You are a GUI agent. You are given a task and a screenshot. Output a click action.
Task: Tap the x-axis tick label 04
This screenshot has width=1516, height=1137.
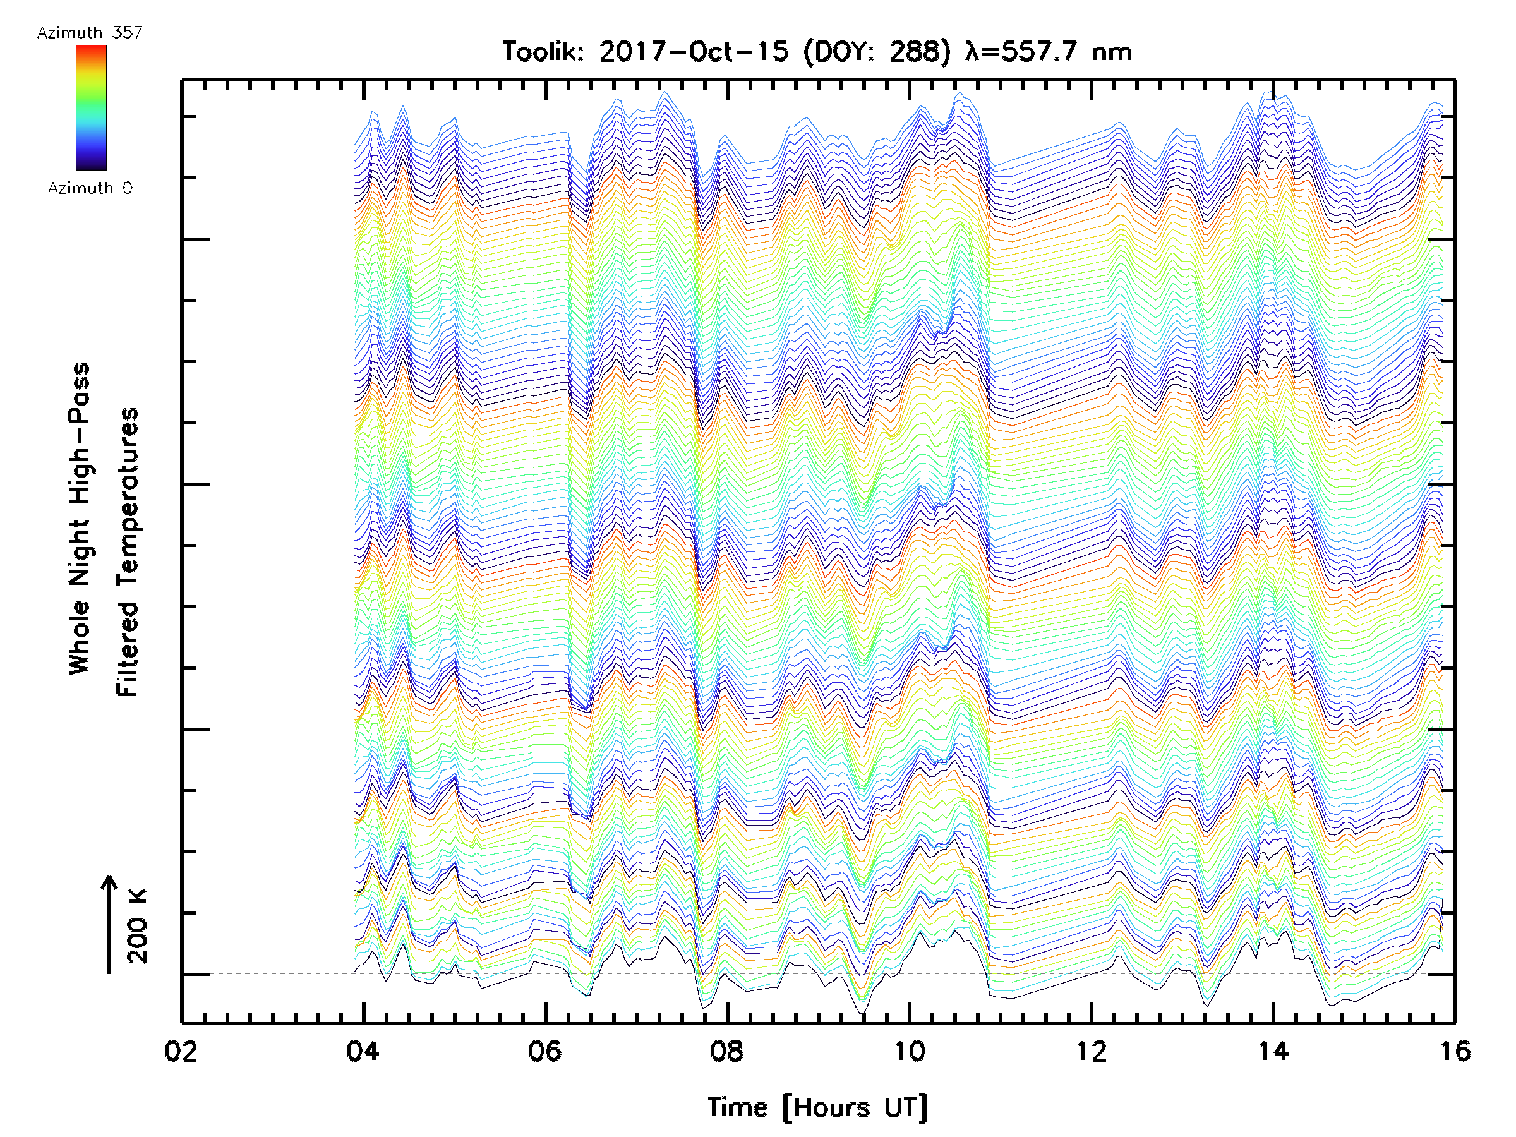pyautogui.click(x=363, y=1050)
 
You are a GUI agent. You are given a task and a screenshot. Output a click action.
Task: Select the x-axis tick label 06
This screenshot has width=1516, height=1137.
pyautogui.click(x=545, y=1050)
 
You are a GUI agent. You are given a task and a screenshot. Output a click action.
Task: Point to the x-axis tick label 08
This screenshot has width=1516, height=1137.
pyautogui.click(x=726, y=1050)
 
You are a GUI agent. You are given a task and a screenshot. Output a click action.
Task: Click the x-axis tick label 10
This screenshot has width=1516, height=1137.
pyautogui.click(x=909, y=1050)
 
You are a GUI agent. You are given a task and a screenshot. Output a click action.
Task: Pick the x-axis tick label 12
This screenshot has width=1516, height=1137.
pyautogui.click(x=1091, y=1050)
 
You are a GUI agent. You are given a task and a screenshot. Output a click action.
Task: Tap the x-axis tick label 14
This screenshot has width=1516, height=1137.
pyautogui.click(x=1273, y=1050)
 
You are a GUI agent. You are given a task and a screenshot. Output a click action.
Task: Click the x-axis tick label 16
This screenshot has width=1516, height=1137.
pyautogui.click(x=1455, y=1050)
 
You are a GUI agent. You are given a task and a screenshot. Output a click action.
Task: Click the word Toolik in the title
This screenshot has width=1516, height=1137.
pyautogui.click(x=542, y=52)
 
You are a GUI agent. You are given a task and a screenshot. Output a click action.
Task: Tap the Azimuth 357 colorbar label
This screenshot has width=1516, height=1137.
pyautogui.click(x=90, y=33)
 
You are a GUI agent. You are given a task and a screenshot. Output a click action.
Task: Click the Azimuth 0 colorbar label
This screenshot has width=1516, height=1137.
pyautogui.click(x=90, y=188)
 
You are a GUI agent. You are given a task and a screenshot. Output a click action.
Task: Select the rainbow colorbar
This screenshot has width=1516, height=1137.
pyautogui.click(x=91, y=107)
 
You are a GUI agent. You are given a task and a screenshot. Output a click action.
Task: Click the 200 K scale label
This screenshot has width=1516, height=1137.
pyautogui.click(x=138, y=926)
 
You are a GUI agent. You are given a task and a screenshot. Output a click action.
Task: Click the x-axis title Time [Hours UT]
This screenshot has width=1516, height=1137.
pyautogui.click(x=817, y=1107)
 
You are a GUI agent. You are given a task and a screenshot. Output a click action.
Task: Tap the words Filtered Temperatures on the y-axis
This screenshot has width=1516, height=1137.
pyautogui.click(x=128, y=553)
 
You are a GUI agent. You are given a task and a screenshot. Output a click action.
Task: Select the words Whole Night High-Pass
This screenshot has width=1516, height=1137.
pyautogui.click(x=80, y=519)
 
